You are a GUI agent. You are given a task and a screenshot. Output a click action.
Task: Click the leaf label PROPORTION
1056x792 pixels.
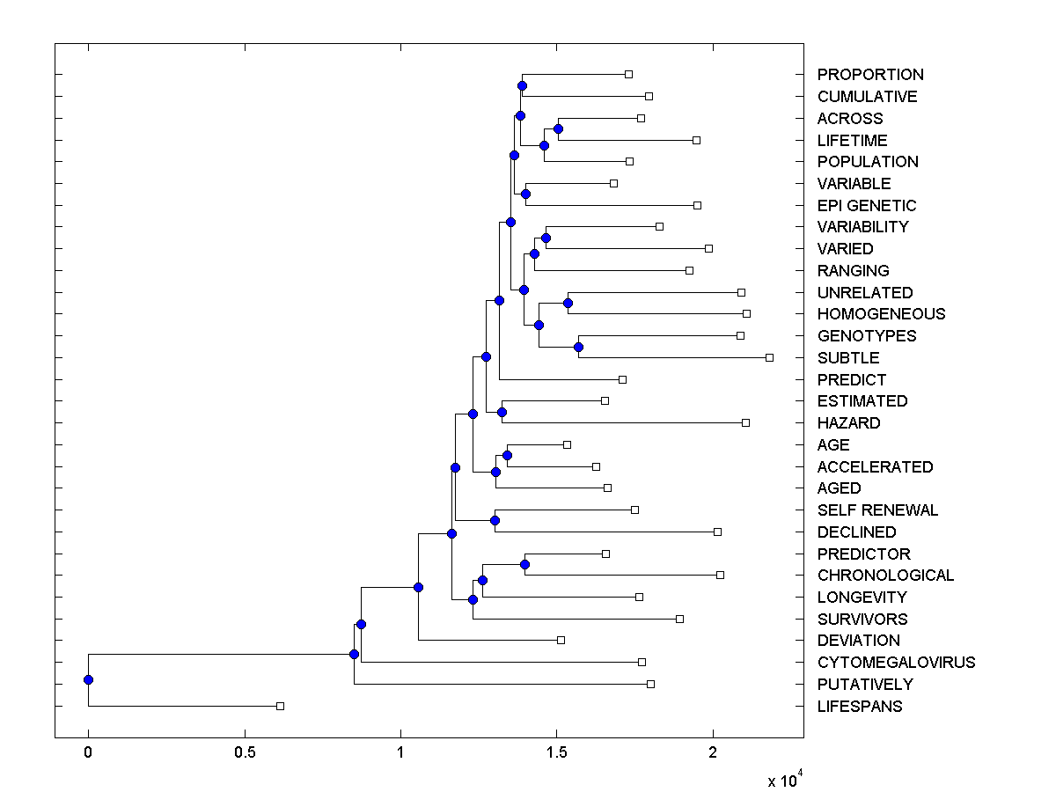869,75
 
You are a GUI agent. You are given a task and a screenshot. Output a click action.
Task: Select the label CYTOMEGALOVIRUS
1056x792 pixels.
896,663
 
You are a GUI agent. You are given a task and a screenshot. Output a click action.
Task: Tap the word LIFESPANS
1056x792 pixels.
859,707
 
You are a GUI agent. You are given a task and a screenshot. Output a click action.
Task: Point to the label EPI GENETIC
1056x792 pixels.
866,206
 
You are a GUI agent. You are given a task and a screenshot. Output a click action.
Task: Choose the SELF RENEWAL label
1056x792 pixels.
877,510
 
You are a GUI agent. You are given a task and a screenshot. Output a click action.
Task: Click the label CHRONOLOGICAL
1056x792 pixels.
885,576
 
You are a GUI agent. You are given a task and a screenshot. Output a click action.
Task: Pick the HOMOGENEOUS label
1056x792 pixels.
881,314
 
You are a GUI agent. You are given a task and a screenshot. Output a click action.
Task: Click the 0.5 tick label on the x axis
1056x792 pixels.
245,752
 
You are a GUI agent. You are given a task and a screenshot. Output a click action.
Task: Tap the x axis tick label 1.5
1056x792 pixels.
556,752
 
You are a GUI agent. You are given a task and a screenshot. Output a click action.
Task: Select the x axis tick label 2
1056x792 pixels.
713,752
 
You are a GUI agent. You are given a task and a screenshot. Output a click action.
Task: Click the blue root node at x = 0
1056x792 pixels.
88,679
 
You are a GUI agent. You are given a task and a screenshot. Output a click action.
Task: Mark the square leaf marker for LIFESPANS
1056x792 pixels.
280,706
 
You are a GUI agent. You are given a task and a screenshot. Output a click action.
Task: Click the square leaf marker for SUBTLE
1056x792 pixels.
769,357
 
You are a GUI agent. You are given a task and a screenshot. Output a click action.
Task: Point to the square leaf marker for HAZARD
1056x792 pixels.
745,422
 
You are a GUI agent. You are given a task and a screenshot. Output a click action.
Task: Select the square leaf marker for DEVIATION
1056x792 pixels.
561,640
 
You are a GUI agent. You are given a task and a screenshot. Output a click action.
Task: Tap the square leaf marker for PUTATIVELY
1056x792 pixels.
650,684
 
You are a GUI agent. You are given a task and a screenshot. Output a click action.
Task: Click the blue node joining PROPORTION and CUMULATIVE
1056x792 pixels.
522,85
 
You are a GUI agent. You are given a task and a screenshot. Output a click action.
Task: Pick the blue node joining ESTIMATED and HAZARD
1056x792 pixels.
502,412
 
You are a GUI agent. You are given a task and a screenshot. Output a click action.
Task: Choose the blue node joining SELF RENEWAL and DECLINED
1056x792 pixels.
495,520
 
